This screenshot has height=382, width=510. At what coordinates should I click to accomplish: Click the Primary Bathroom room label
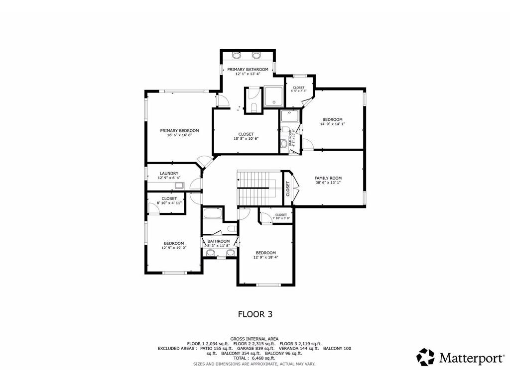point(248,69)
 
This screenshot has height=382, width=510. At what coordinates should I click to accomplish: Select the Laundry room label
point(169,174)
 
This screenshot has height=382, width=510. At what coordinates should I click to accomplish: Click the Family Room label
point(328,178)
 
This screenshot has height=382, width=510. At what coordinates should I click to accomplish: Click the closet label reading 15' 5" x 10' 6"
point(246,134)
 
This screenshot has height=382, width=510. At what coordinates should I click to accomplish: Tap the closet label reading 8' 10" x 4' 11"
point(169,198)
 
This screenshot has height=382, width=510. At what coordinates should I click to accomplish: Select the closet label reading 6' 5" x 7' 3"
point(298,88)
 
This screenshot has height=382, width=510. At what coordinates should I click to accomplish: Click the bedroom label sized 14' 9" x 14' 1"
point(332,119)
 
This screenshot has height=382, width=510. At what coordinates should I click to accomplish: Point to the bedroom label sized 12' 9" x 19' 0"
point(174,243)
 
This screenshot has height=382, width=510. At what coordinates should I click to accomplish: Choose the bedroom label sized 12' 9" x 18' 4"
point(266,253)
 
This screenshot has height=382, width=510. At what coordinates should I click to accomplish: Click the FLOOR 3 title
point(255,314)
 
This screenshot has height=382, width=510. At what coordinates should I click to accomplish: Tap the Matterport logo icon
point(425,357)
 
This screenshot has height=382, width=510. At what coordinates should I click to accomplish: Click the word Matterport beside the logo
point(470,357)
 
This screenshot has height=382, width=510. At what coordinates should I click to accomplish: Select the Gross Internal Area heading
point(255,338)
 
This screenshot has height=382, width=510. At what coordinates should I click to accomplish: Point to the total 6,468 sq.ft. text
point(255,358)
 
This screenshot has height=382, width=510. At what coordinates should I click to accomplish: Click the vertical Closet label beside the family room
point(288,188)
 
